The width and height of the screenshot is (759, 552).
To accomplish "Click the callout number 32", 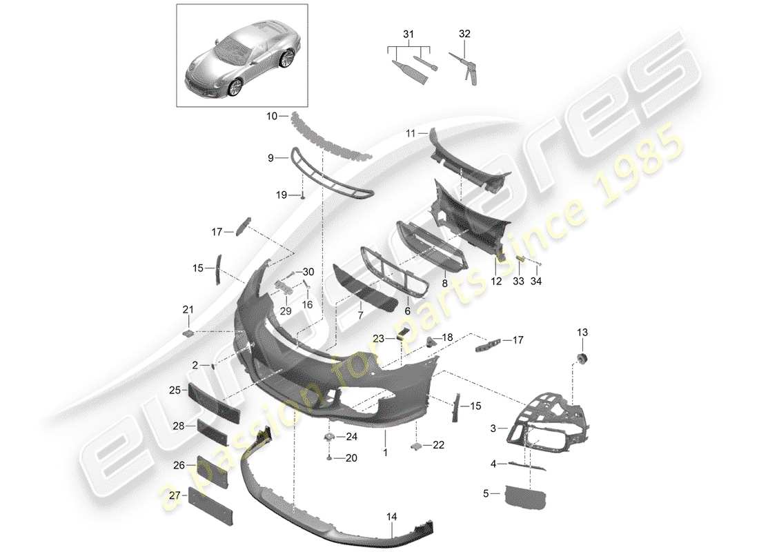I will click(464, 33).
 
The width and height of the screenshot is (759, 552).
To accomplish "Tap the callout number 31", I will click(408, 34).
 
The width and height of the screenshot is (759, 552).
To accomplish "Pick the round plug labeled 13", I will click(582, 358).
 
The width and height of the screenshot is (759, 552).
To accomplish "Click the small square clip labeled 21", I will click(187, 333).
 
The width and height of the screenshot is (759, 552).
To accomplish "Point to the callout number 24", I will click(352, 436).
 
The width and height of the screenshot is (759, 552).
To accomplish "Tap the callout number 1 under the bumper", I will click(385, 453).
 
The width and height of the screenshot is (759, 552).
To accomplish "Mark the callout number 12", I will click(497, 281).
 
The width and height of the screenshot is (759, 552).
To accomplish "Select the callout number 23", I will click(379, 337).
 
